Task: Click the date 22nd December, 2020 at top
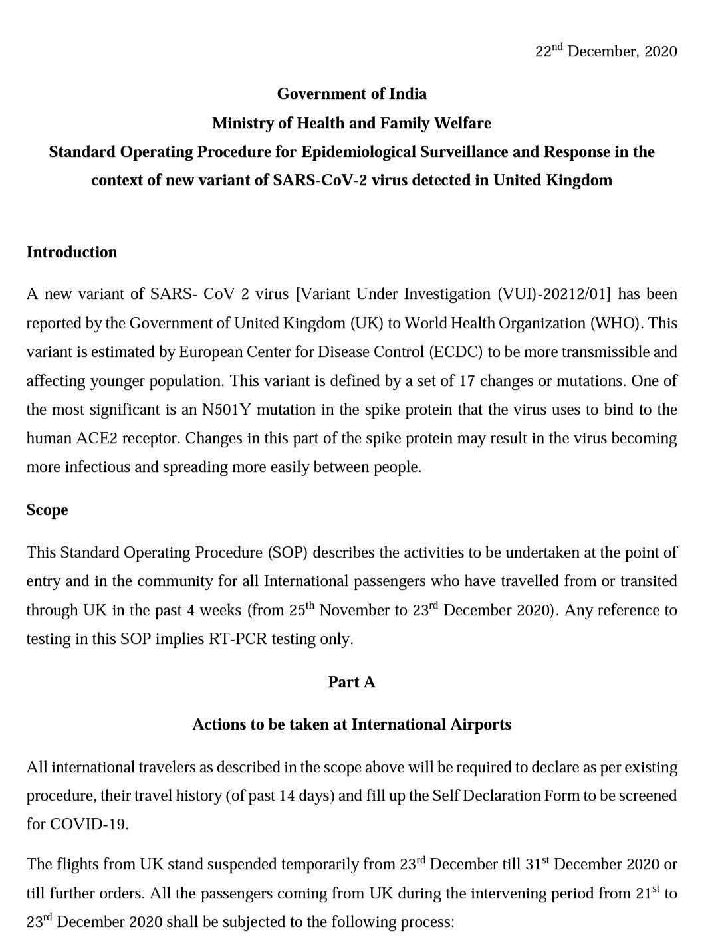click(x=606, y=52)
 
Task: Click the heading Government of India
click(x=352, y=94)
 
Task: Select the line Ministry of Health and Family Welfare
click(x=352, y=123)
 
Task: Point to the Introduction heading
click(x=72, y=252)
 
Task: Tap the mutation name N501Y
click(x=225, y=409)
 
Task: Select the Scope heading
click(x=47, y=510)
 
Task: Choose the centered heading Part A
click(x=352, y=682)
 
